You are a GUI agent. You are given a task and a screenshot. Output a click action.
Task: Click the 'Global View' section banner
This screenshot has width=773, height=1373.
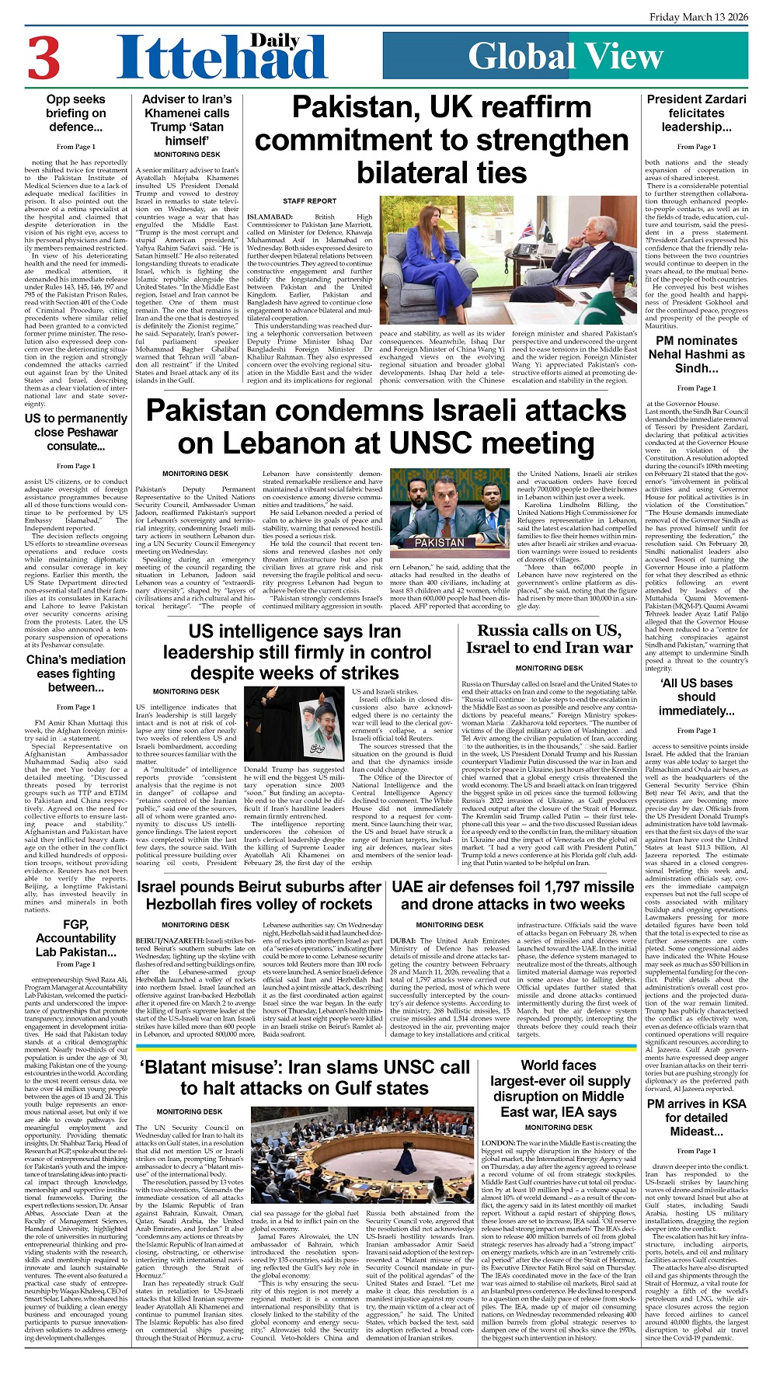click(x=565, y=56)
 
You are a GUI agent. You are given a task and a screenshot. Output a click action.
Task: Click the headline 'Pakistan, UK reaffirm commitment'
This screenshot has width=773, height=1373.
click(x=442, y=140)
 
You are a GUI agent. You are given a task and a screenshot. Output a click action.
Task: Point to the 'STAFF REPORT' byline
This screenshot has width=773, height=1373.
click(x=309, y=201)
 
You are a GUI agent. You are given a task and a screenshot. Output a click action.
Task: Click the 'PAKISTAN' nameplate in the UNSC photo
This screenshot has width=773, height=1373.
click(x=439, y=542)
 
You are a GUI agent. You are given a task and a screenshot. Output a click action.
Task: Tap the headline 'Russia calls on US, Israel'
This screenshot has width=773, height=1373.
click(x=549, y=638)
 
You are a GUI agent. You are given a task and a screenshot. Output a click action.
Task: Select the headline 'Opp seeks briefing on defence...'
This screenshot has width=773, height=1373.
click(x=75, y=113)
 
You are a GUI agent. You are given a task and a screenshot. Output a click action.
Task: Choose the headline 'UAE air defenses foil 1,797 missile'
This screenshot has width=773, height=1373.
click(x=513, y=895)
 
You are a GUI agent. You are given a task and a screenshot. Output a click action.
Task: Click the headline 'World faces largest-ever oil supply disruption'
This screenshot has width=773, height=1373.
click(x=559, y=1089)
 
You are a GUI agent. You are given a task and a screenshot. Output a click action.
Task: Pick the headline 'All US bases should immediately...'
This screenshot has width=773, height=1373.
click(x=696, y=697)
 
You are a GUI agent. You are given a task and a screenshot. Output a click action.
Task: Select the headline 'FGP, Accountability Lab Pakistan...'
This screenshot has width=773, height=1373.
click(x=75, y=938)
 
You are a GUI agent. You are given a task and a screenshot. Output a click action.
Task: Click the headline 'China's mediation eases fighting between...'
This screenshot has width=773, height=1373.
click(x=75, y=673)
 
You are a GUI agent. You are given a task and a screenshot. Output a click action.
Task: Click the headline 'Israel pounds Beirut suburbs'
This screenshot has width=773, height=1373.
click(x=259, y=895)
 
